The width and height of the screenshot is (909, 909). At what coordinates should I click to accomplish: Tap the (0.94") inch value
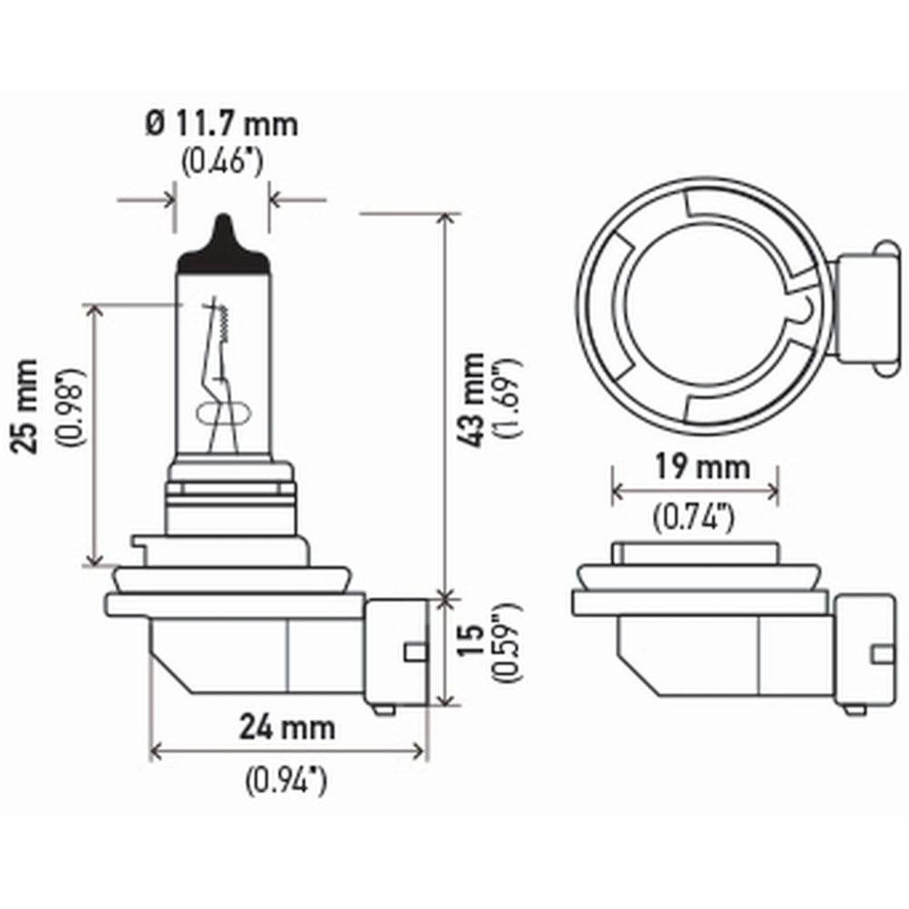tap(286, 780)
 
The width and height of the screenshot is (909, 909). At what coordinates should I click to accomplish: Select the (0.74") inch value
tap(694, 519)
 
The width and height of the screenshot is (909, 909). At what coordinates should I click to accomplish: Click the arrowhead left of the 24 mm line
tap(155, 751)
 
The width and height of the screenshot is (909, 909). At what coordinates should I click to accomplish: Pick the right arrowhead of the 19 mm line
tap(774, 492)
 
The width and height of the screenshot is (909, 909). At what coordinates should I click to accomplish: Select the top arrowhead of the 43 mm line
tap(445, 219)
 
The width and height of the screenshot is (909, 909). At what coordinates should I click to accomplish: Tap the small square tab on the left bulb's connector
tap(414, 651)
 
